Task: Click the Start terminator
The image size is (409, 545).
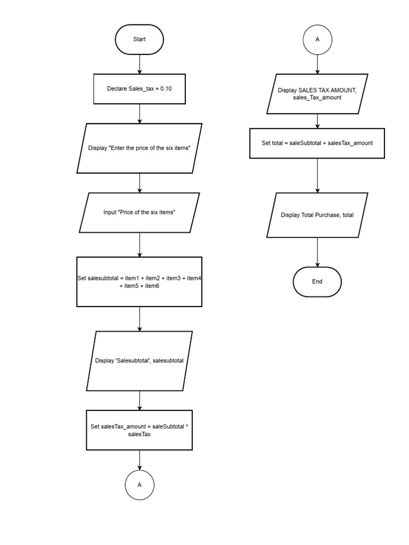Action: coord(139,39)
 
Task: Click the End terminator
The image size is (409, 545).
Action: coord(317,282)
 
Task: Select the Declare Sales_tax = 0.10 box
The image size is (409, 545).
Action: coord(139,89)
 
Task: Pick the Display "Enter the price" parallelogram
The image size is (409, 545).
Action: coord(139,148)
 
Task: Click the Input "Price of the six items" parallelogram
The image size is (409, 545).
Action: coord(139,212)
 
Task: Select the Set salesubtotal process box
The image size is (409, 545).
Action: coord(139,282)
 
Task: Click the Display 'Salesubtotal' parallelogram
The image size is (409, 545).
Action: coord(139,360)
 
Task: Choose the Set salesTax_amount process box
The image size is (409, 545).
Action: coord(139,430)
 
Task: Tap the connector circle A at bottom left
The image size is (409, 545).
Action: coord(140,485)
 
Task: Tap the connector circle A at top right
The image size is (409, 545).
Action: coord(317,39)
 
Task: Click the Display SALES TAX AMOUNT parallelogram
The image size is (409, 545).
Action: coord(317,94)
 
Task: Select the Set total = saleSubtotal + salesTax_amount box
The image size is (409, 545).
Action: coord(317,143)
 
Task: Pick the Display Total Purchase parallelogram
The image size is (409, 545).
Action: coord(317,215)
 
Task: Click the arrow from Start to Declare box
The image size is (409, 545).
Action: coord(139,64)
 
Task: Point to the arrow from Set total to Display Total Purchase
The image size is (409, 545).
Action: coord(317,176)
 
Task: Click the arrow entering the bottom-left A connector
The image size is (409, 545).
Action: coord(140,460)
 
